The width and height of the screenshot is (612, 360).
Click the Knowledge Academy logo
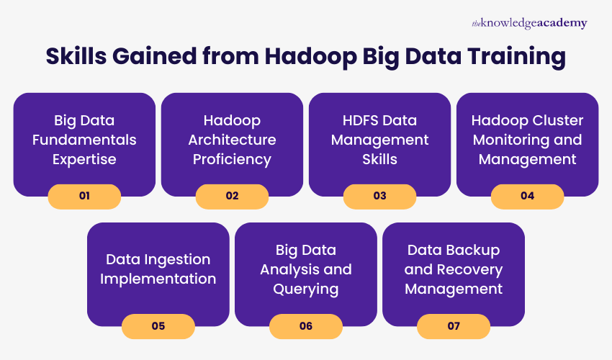(x=529, y=24)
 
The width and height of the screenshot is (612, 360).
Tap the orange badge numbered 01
(x=84, y=196)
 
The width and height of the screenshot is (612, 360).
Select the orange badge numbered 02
(x=232, y=196)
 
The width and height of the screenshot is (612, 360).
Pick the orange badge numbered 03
(x=379, y=196)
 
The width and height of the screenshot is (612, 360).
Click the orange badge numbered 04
(x=527, y=196)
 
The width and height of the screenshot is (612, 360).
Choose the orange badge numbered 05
(x=158, y=326)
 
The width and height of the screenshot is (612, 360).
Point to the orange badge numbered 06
(x=306, y=326)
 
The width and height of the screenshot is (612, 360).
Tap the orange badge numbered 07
(x=454, y=326)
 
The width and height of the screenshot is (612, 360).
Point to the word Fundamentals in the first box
(x=84, y=139)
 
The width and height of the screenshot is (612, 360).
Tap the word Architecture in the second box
(x=232, y=139)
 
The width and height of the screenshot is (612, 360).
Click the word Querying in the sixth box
(x=306, y=289)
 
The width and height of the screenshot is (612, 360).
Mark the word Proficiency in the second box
(x=232, y=158)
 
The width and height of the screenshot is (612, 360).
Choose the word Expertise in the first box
(x=84, y=158)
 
